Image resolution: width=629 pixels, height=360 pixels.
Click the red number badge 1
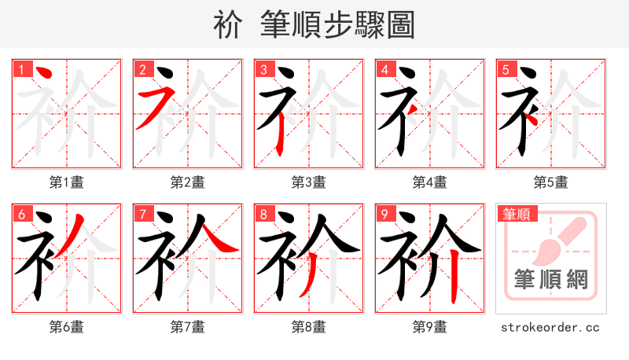coord(21,68)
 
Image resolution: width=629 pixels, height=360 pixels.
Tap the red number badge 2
coord(142,68)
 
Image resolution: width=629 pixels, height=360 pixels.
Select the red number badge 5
coord(506,68)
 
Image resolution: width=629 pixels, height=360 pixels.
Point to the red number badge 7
coord(142,214)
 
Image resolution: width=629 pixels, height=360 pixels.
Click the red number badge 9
coord(384,214)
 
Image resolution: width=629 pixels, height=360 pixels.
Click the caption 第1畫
coord(67,182)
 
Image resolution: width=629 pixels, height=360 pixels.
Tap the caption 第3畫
coord(309,182)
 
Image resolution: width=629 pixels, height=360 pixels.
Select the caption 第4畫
coord(430,182)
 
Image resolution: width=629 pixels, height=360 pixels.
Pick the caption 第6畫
coord(67,326)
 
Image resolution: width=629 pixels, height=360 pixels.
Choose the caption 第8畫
coord(309,326)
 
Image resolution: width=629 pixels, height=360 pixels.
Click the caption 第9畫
coord(430,326)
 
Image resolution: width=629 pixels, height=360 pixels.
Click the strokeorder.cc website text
coord(551,326)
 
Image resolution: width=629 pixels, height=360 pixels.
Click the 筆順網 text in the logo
coord(551,278)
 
